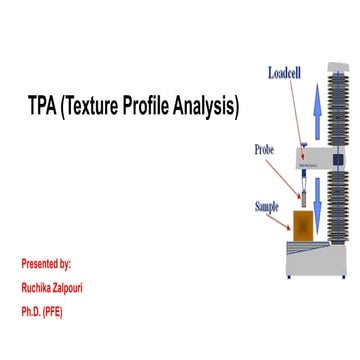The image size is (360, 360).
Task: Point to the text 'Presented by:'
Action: point(46,264)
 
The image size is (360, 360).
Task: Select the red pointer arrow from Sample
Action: point(285,212)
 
